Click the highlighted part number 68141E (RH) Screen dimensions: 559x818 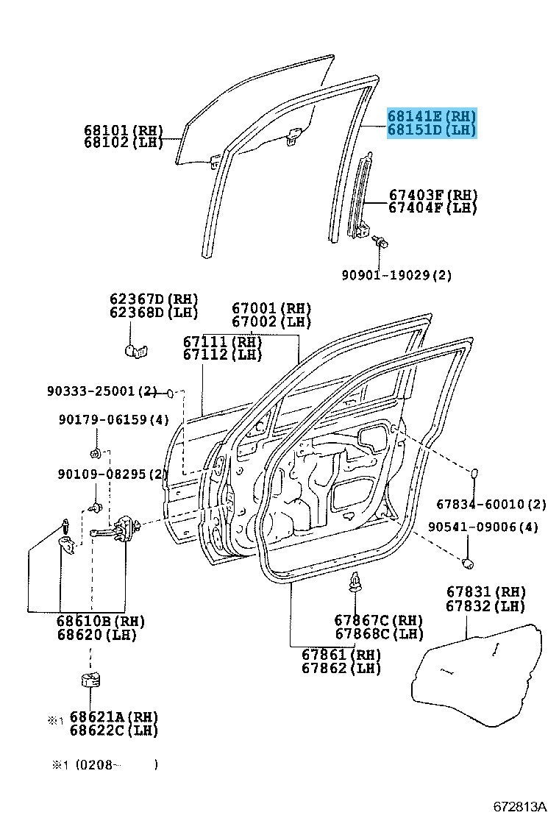(431, 115)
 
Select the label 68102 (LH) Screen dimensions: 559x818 (124, 143)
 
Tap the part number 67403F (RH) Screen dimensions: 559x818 (433, 195)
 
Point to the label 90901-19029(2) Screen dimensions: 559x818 (396, 275)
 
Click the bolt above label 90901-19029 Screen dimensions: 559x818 (380, 242)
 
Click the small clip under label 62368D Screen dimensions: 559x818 (137, 351)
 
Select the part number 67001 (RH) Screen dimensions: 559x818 (271, 308)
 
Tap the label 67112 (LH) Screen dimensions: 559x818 (222, 355)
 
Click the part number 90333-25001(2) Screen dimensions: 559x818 (102, 391)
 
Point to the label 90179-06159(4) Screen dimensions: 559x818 (114, 419)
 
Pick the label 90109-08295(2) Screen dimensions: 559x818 (113, 474)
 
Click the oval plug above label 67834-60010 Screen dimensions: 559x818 (474, 474)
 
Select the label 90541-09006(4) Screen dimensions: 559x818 (483, 527)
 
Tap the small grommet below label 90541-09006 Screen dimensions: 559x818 (468, 563)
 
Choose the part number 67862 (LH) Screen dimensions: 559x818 (341, 668)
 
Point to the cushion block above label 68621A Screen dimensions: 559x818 (90, 680)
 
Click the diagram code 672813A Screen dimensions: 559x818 (521, 806)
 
